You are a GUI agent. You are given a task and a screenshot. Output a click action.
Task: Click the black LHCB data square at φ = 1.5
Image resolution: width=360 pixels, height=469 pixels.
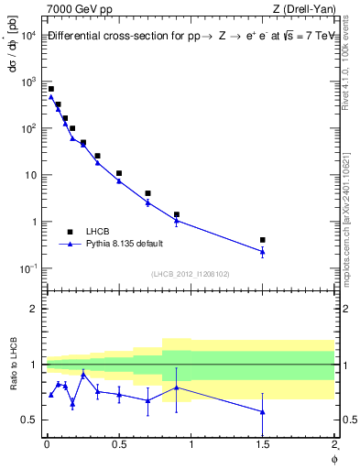coord(262,240)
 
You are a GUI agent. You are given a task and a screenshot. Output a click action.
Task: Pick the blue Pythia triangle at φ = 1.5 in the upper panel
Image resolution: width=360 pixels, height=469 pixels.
coord(262,252)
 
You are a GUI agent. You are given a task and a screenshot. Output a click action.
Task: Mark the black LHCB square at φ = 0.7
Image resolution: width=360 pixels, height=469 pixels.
coord(147,193)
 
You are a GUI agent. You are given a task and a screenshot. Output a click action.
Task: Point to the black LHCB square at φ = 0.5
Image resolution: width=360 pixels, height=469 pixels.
coord(119,173)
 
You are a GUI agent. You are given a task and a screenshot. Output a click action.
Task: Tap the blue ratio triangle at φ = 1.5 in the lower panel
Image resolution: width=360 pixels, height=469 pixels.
coord(262,411)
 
